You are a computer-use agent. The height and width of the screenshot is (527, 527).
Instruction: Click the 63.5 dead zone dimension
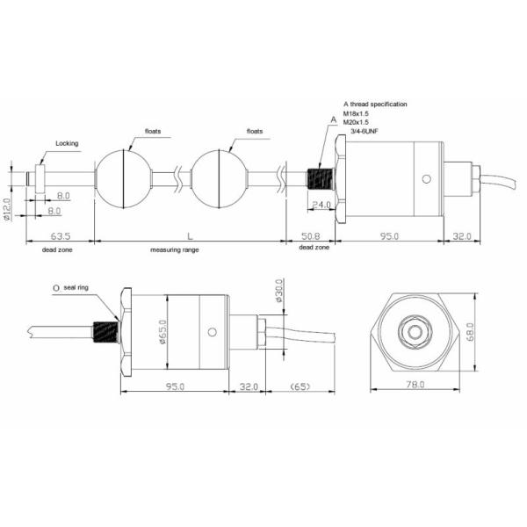[x=59, y=237]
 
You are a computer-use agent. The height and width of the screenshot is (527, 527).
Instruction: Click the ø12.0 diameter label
[x=7, y=212]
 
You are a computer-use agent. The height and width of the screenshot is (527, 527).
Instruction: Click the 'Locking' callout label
[x=68, y=142]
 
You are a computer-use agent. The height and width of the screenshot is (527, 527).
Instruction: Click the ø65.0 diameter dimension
[x=164, y=332]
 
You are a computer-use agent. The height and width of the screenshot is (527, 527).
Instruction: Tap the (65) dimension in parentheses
[x=300, y=385]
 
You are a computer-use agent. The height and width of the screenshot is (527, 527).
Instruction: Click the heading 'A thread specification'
[x=375, y=104]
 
